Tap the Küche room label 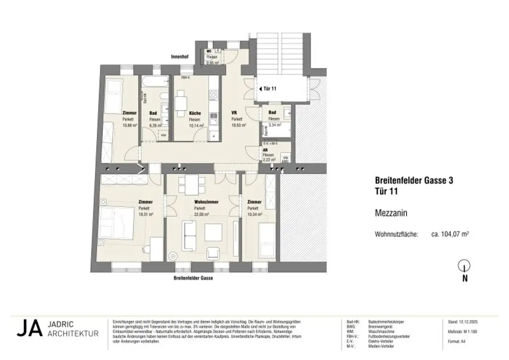click(x=194, y=113)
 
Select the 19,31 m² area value click(x=146, y=214)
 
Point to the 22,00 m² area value click(x=201, y=214)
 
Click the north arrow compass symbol click(x=465, y=266)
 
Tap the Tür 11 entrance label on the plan click(x=269, y=89)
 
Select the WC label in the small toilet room click(x=210, y=52)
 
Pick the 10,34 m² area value click(x=254, y=214)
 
